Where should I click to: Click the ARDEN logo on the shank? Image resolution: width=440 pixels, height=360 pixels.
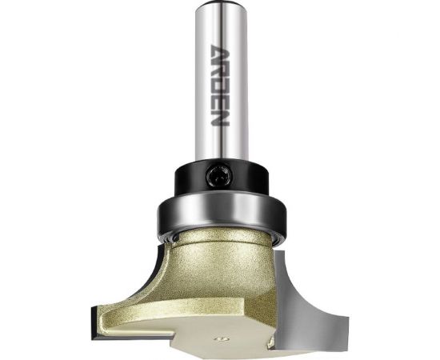coord(220,86)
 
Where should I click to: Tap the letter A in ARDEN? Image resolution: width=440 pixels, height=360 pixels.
coord(220,53)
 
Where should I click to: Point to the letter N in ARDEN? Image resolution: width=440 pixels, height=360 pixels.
coord(220,118)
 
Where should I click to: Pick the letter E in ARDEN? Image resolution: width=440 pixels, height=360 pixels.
coord(220,102)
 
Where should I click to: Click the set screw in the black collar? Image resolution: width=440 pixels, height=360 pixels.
coord(219,176)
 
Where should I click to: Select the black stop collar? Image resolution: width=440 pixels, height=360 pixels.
coord(222,179)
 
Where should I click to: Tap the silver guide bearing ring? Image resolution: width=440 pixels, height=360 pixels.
coord(222,214)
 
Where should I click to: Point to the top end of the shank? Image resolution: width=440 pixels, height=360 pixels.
coord(221,3)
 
